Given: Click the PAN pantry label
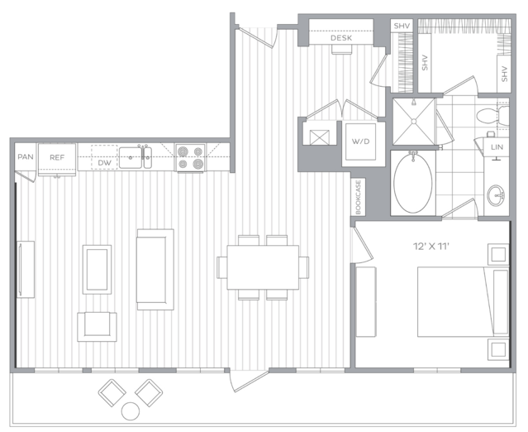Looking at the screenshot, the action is pyautogui.click(x=26, y=156).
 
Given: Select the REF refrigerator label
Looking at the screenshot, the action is pyautogui.click(x=57, y=157).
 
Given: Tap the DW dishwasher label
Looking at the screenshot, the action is pyautogui.click(x=104, y=163).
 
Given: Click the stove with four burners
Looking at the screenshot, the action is pyautogui.click(x=190, y=157).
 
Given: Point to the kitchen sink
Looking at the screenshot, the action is pyautogui.click(x=136, y=157).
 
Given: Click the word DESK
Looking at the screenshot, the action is pyautogui.click(x=341, y=38).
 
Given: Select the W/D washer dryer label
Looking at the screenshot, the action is pyautogui.click(x=360, y=142).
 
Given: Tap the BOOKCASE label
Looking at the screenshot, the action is pyautogui.click(x=358, y=197).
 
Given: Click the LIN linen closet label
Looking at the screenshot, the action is pyautogui.click(x=497, y=147).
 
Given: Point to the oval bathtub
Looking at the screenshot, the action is pyautogui.click(x=413, y=183).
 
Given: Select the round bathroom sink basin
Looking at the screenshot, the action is pyautogui.click(x=496, y=195).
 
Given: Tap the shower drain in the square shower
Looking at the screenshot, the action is pyautogui.click(x=414, y=122).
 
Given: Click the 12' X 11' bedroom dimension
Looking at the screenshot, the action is pyautogui.click(x=431, y=246).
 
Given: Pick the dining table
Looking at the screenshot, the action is pyautogui.click(x=263, y=267).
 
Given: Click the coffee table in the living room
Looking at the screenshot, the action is pyautogui.click(x=97, y=270).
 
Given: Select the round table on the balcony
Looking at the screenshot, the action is pyautogui.click(x=131, y=411).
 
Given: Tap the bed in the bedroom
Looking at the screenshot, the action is pyautogui.click(x=464, y=302).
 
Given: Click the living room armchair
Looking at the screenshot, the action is pyautogui.click(x=97, y=327).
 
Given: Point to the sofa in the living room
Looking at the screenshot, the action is pyautogui.click(x=155, y=270).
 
